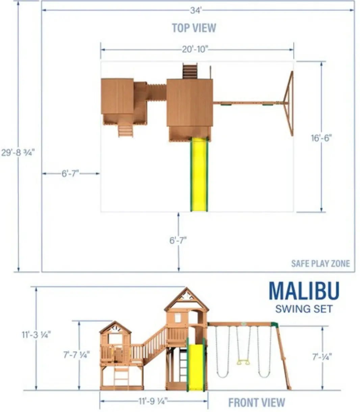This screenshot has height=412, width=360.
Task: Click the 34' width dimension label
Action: [196, 10]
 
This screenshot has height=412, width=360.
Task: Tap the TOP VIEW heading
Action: [194, 28]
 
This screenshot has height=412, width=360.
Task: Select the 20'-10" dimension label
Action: [195, 49]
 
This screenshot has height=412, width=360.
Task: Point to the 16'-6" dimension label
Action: [321, 138]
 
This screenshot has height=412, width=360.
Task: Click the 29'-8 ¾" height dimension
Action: [18, 153]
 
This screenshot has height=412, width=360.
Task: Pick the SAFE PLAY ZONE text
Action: [320, 264]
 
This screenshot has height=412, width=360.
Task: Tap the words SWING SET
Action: [304, 309]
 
